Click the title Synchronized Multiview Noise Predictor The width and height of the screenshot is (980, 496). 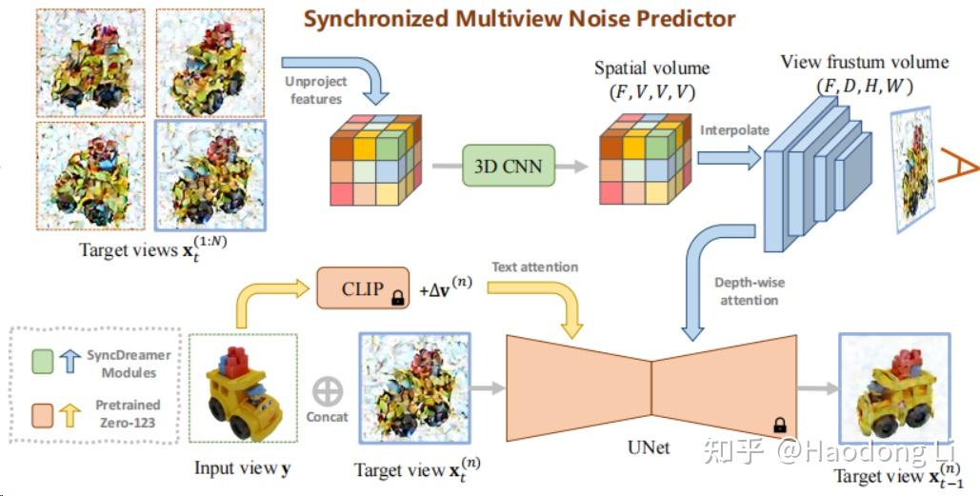(519, 18)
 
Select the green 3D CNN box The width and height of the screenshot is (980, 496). (508, 166)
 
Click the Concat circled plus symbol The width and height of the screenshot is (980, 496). (327, 390)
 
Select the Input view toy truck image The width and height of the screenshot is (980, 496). (243, 391)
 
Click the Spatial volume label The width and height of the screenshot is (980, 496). (651, 69)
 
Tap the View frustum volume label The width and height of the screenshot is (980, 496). (864, 63)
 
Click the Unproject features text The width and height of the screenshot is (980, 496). (315, 89)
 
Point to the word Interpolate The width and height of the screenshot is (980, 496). (734, 130)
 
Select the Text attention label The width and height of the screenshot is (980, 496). (534, 267)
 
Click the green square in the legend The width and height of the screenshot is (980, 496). (41, 361)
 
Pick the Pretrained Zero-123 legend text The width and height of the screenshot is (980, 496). (122, 412)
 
